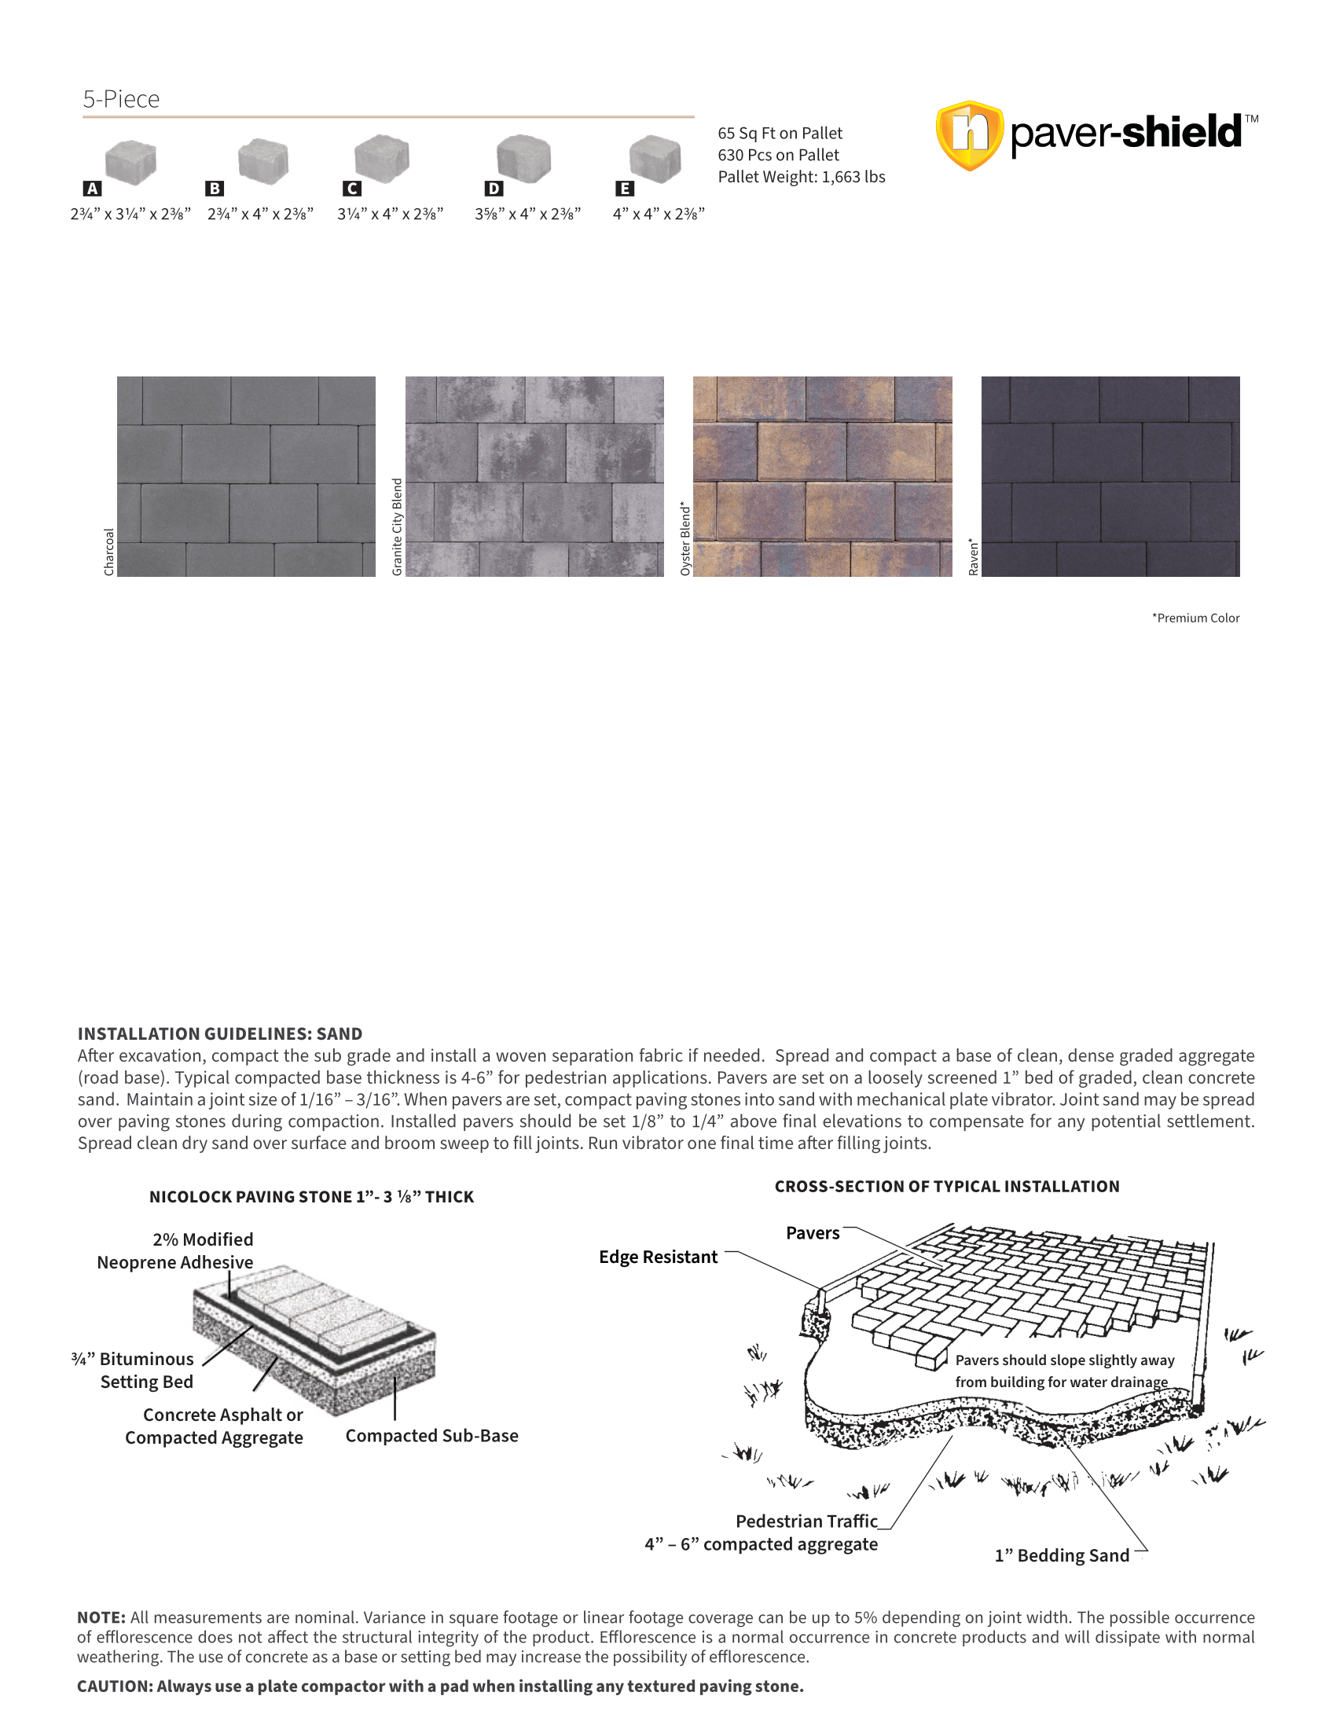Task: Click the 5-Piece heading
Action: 121,99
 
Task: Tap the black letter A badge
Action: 93,189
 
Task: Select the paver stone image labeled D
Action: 523,156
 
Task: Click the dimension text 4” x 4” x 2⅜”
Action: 659,214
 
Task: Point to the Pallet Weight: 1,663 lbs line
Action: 801,177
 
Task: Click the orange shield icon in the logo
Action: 970,134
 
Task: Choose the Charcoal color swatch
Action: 246,475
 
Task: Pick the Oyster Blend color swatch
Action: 822,475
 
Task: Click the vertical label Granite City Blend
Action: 398,527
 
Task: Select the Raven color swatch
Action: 1110,475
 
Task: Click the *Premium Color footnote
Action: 1195,619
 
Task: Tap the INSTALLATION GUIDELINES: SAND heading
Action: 220,1033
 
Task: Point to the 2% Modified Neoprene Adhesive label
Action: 176,1251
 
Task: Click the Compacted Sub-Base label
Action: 431,1435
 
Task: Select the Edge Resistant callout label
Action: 658,1257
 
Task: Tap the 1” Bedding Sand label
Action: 1062,1555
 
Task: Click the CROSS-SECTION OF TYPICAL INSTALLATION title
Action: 947,1186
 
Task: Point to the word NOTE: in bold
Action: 101,1617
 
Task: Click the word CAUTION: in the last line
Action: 115,1686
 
